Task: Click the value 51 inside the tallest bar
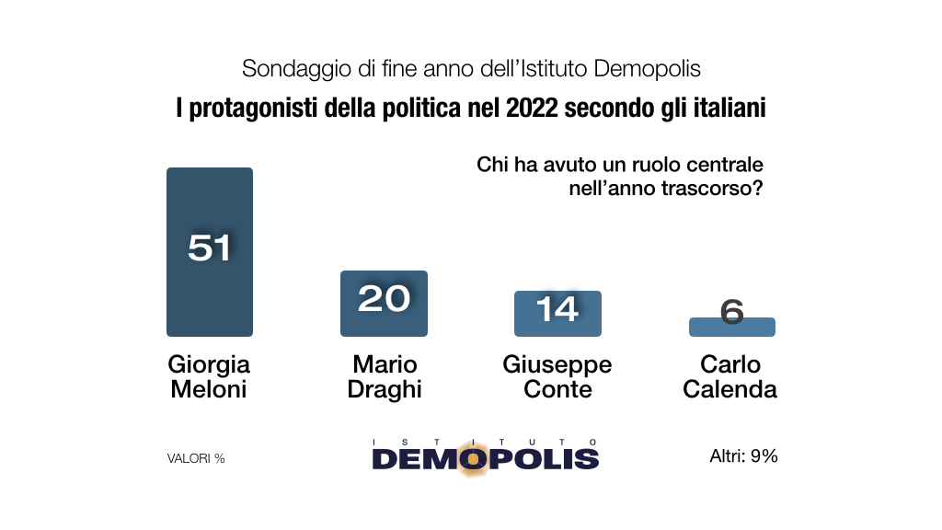point(209,247)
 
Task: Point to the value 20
point(384,298)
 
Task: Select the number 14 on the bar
point(557,308)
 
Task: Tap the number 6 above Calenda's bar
point(732,311)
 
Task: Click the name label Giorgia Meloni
point(209,376)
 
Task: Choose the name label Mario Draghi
point(384,376)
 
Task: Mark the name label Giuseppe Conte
point(557,376)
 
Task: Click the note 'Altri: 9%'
point(744,455)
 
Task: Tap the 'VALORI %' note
point(196,458)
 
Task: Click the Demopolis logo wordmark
point(486,457)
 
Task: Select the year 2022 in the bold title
point(532,108)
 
